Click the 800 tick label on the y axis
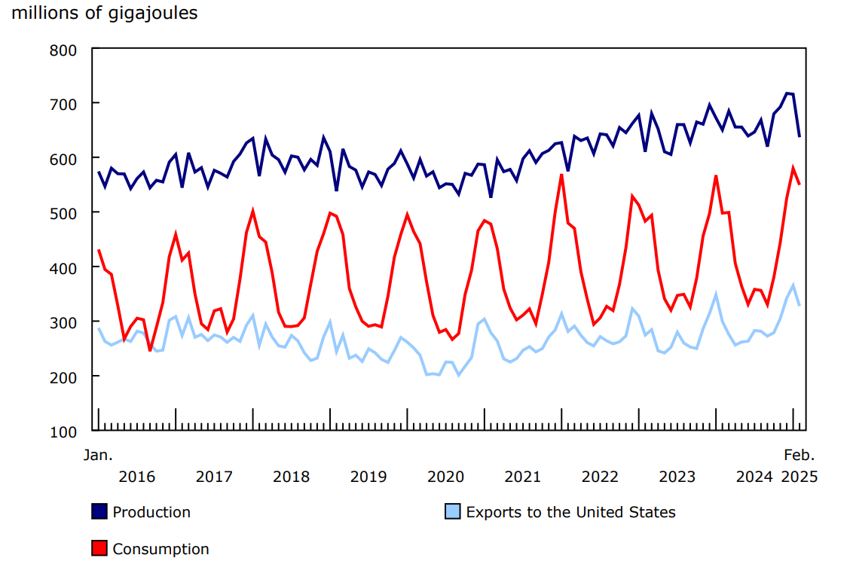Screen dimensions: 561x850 [63, 50]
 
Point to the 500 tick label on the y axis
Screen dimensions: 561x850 [63, 213]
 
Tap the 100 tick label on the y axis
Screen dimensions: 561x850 [63, 431]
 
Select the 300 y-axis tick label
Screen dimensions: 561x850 [63, 322]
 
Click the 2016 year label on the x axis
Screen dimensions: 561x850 [136, 477]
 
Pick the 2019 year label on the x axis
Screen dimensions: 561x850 [368, 477]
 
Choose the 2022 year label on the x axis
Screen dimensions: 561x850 [600, 477]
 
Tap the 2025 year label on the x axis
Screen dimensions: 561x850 [799, 477]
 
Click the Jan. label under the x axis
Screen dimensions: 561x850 [98, 455]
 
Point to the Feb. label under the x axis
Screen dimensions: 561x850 [800, 455]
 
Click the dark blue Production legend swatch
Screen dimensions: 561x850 [99, 512]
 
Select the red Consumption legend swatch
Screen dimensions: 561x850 [99, 549]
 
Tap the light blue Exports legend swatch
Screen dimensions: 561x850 [453, 512]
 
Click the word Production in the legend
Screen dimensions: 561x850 [151, 512]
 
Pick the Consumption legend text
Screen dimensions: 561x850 [161, 549]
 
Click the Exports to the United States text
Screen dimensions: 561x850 [570, 512]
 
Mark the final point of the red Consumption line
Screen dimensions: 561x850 [800, 184]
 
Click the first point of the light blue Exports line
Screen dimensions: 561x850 [99, 328]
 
